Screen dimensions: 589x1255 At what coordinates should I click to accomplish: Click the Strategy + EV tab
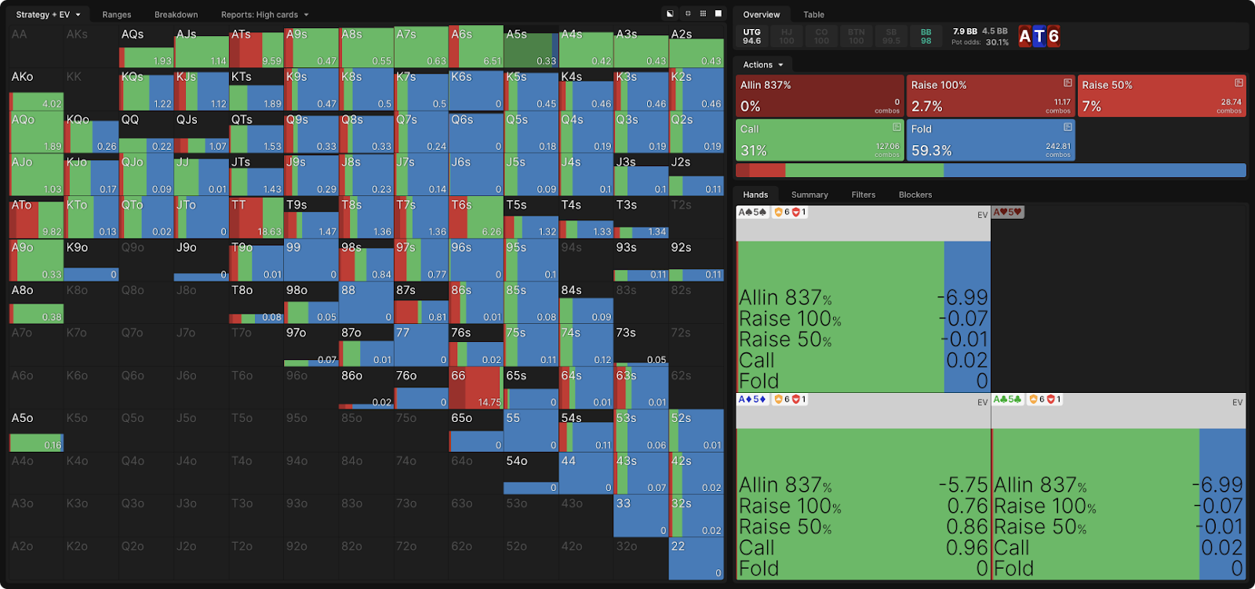pos(48,14)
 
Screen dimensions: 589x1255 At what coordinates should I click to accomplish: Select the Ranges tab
pos(117,14)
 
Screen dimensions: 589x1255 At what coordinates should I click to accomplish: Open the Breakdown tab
pos(176,14)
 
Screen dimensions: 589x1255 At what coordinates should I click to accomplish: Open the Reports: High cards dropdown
pos(264,14)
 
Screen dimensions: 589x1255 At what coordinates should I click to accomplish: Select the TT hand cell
pos(256,218)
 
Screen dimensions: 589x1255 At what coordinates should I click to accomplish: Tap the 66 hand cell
pos(475,388)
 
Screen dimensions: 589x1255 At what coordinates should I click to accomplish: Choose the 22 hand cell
pos(696,558)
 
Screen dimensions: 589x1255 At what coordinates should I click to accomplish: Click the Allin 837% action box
pos(820,96)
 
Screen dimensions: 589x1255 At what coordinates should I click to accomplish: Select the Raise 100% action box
pos(991,96)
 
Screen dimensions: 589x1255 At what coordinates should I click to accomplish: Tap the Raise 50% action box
pos(1162,96)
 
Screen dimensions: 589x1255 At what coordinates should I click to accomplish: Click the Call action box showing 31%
pos(820,140)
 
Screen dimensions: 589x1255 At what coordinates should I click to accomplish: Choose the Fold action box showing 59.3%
pos(991,140)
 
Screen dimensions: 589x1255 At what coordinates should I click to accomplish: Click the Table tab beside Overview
pos(813,14)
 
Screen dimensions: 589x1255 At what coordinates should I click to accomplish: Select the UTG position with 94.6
pos(751,36)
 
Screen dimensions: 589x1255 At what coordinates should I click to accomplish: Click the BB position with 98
pos(926,36)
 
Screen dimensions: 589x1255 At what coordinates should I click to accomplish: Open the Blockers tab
pos(915,195)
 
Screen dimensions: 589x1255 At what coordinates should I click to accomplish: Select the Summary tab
pos(809,195)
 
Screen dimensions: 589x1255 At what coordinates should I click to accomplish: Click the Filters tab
pos(863,195)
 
